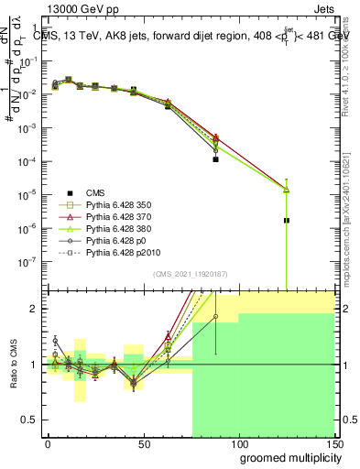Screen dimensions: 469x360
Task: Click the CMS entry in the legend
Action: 95,192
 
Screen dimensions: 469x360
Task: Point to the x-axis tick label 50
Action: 144,444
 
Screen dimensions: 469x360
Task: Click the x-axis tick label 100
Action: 238,444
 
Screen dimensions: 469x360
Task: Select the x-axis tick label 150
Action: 333,444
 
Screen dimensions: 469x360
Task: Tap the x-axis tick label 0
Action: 49,444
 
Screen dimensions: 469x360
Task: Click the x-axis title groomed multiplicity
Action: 287,457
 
